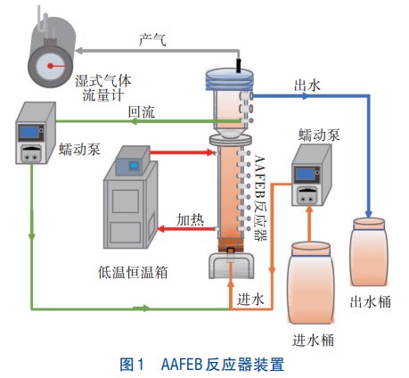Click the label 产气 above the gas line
pyautogui.click(x=152, y=39)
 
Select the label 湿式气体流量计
pyautogui.click(x=102, y=88)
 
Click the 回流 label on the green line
pyautogui.click(x=141, y=112)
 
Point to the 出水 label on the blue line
pyautogui.click(x=307, y=85)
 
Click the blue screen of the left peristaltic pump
pyautogui.click(x=29, y=132)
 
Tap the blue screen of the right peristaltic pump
pyautogui.click(x=305, y=174)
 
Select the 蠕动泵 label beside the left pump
pyautogui.click(x=79, y=149)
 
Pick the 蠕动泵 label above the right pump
pyautogui.click(x=319, y=135)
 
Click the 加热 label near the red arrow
pyautogui.click(x=190, y=220)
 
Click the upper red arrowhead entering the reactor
pyautogui.click(x=210, y=152)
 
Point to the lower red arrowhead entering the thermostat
pyautogui.click(x=161, y=229)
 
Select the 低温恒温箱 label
pyautogui.click(x=133, y=272)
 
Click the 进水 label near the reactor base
pyautogui.click(x=250, y=299)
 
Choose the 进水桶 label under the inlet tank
pyautogui.click(x=313, y=341)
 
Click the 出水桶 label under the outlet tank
pyautogui.click(x=370, y=301)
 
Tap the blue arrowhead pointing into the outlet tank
pyautogui.click(x=369, y=214)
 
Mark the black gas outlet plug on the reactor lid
pyautogui.click(x=238, y=65)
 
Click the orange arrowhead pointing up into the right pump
pyautogui.click(x=309, y=210)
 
